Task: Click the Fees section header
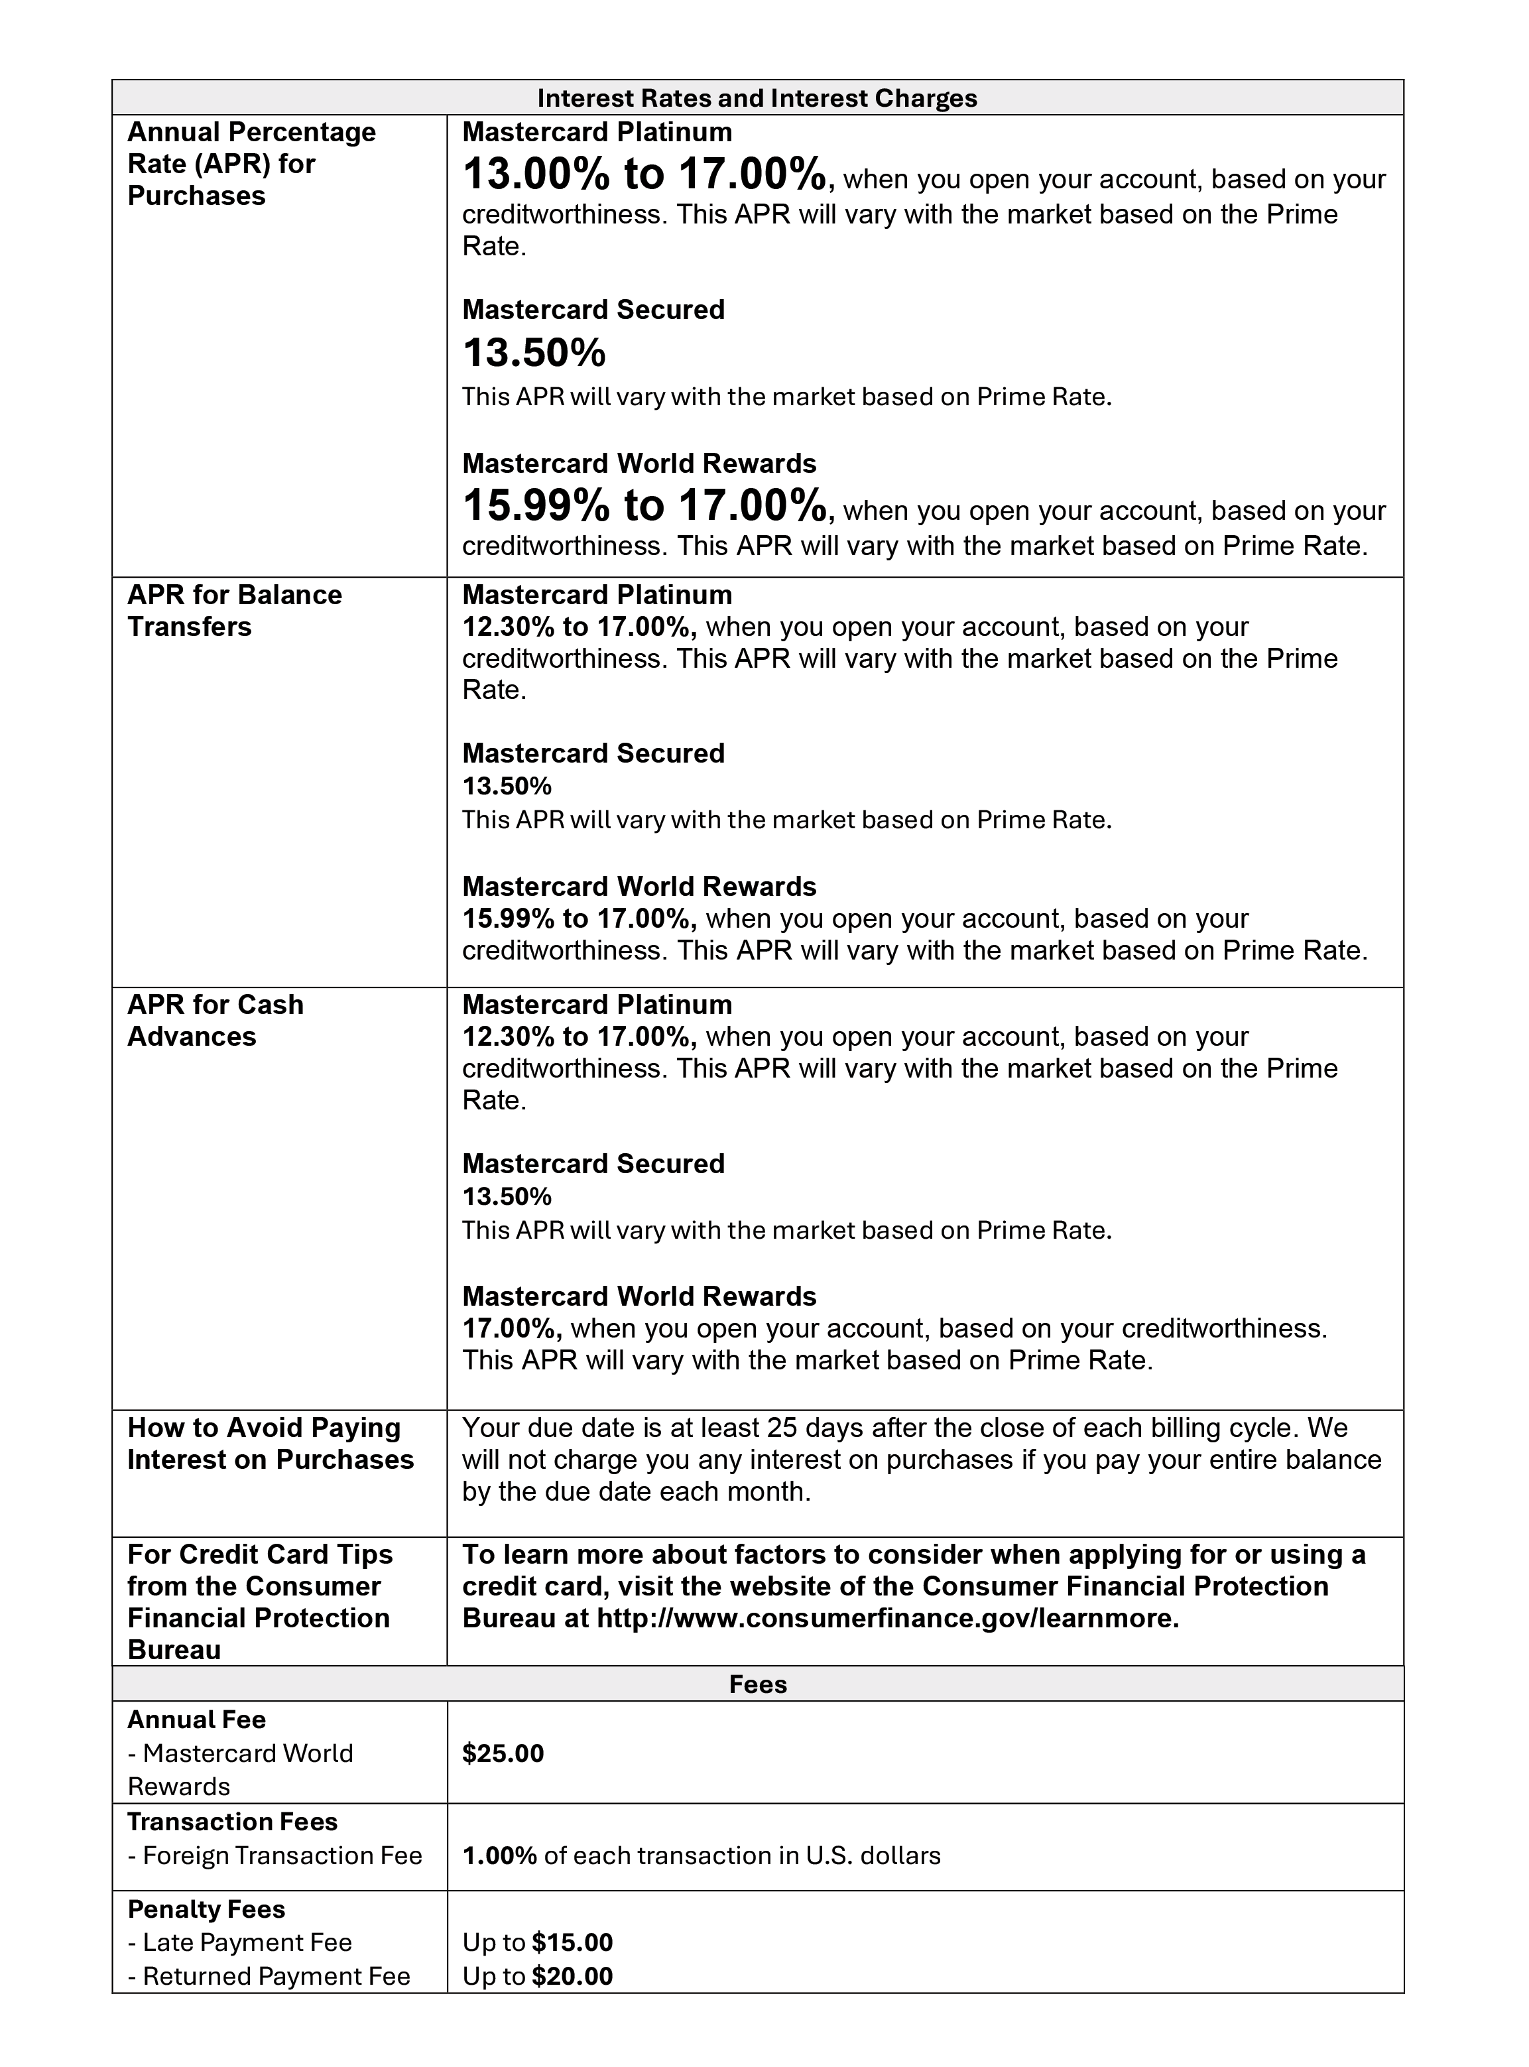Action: [x=757, y=1684]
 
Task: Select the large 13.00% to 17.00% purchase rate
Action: [x=644, y=174]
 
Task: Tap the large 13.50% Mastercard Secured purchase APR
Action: [x=534, y=353]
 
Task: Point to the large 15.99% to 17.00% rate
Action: [x=644, y=505]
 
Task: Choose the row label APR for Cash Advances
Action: [x=215, y=1020]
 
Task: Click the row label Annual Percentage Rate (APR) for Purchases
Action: [x=251, y=164]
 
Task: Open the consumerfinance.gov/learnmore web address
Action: [x=887, y=1619]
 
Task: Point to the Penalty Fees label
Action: [x=206, y=1909]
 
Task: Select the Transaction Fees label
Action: [x=232, y=1822]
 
